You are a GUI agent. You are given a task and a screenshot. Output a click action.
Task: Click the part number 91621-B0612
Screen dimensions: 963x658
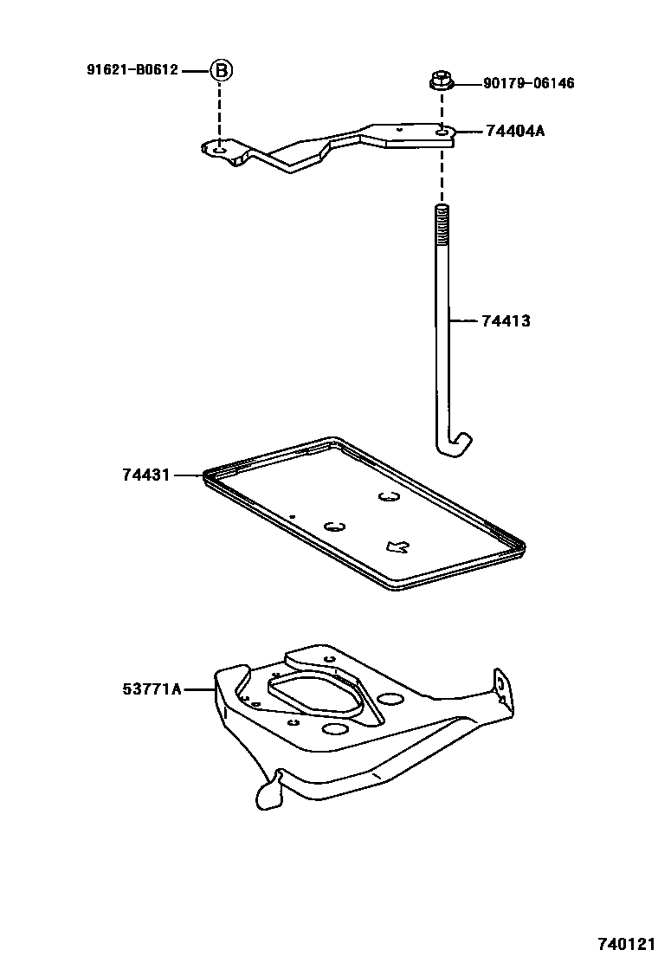click(132, 70)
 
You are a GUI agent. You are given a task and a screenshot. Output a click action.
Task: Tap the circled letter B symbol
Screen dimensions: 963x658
click(220, 70)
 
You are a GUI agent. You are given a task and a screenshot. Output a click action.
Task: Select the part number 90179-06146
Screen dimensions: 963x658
click(528, 84)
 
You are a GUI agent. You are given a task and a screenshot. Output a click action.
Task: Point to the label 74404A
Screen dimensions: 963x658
click(515, 132)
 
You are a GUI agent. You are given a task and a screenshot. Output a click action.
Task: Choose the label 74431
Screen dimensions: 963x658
click(147, 475)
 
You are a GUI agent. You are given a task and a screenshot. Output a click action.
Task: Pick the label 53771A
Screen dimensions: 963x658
click(152, 689)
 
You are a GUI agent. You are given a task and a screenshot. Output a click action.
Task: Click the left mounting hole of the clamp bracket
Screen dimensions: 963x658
click(220, 151)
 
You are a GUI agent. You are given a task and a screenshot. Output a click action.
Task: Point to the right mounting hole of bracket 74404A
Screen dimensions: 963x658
click(442, 132)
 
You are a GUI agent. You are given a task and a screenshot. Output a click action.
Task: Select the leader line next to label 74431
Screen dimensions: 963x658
click(189, 475)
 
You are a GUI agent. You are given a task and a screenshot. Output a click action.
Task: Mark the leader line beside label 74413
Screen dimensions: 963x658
click(464, 321)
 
